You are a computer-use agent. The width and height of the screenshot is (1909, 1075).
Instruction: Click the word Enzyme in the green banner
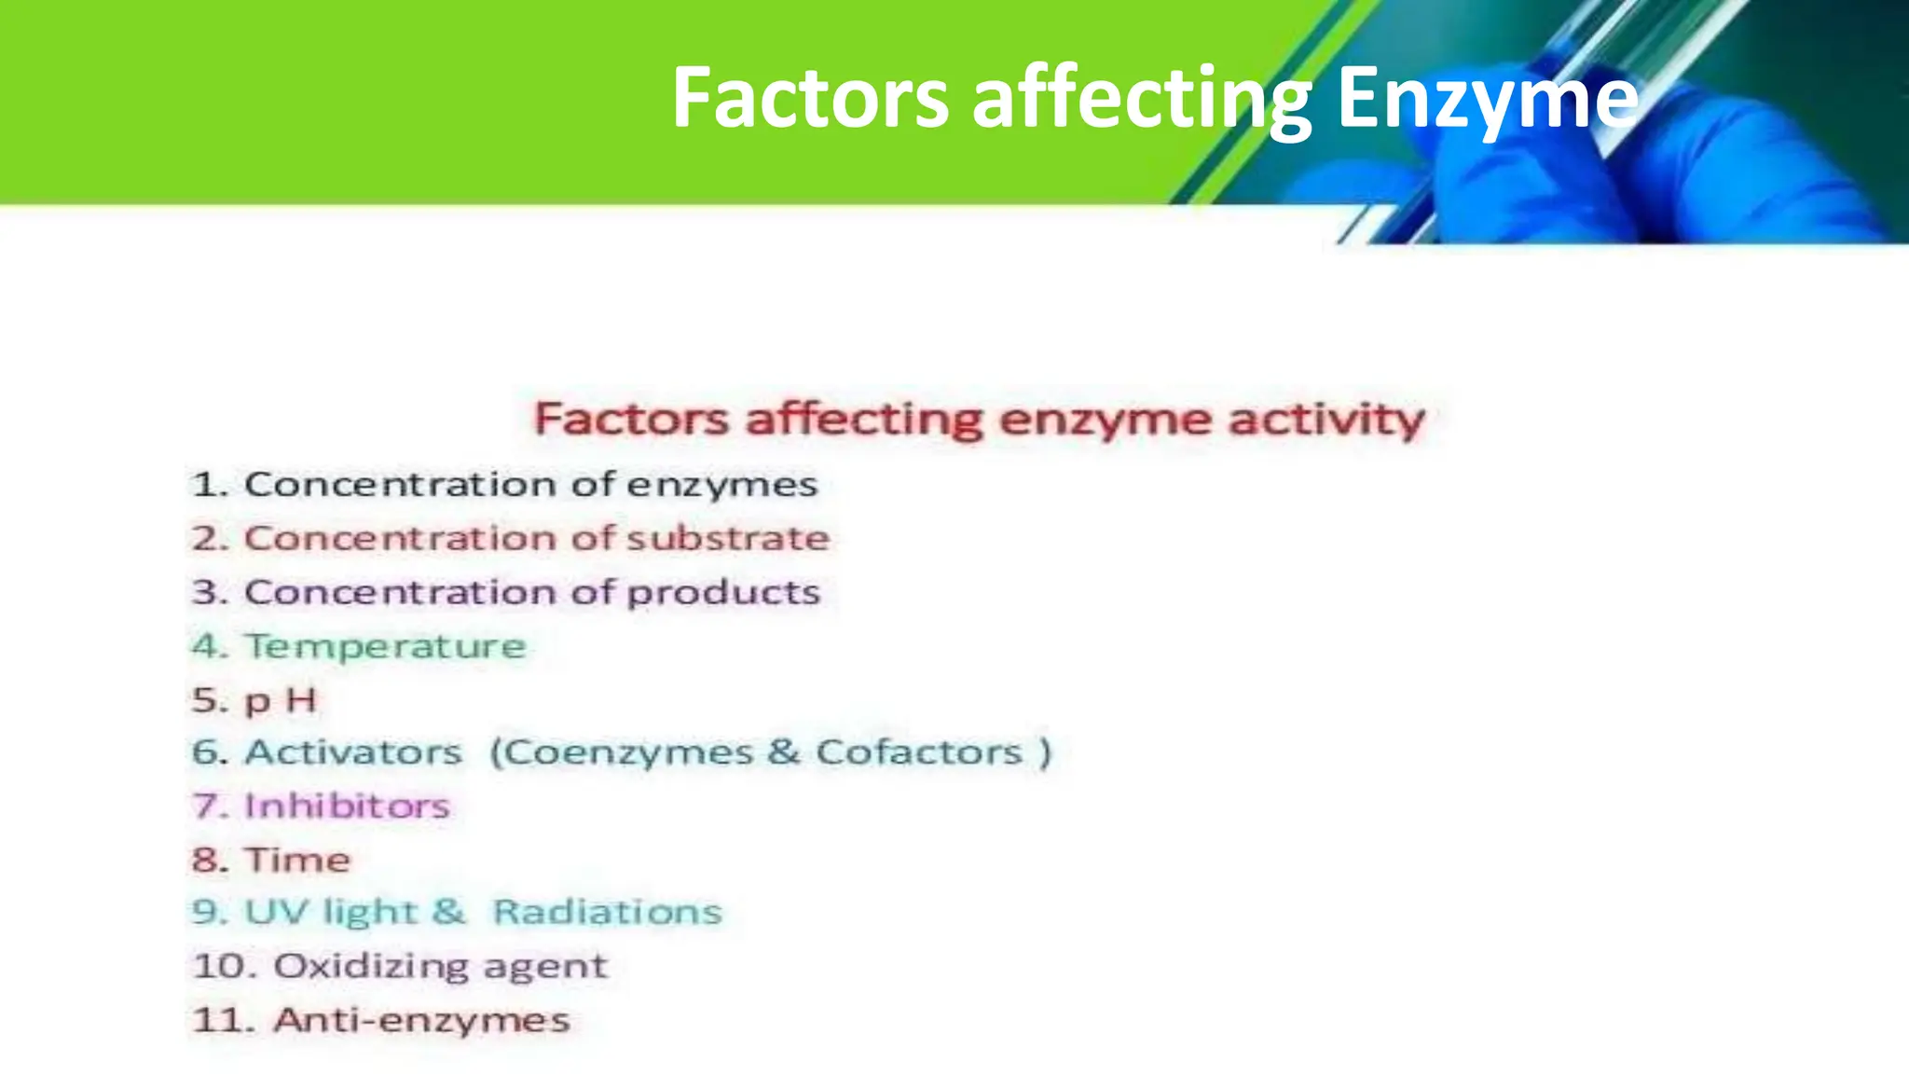pos(1487,99)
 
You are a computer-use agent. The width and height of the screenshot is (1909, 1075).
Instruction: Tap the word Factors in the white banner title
pos(809,99)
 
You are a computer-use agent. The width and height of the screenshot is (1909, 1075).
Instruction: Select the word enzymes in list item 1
pos(721,485)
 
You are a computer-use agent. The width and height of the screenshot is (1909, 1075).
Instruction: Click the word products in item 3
pos(723,593)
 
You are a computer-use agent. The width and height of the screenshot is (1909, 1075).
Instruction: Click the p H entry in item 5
pos(281,700)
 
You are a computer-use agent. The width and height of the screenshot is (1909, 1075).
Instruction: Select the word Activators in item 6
pos(353,752)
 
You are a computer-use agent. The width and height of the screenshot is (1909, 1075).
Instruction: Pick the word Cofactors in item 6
pos(919,752)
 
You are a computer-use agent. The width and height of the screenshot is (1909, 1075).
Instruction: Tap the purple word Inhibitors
pos(347,806)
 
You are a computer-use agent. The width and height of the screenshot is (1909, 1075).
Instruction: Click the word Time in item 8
pos(297,860)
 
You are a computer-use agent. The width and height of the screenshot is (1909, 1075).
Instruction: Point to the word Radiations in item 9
pos(607,912)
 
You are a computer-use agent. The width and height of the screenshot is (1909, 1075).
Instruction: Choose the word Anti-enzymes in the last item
pos(421,1020)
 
